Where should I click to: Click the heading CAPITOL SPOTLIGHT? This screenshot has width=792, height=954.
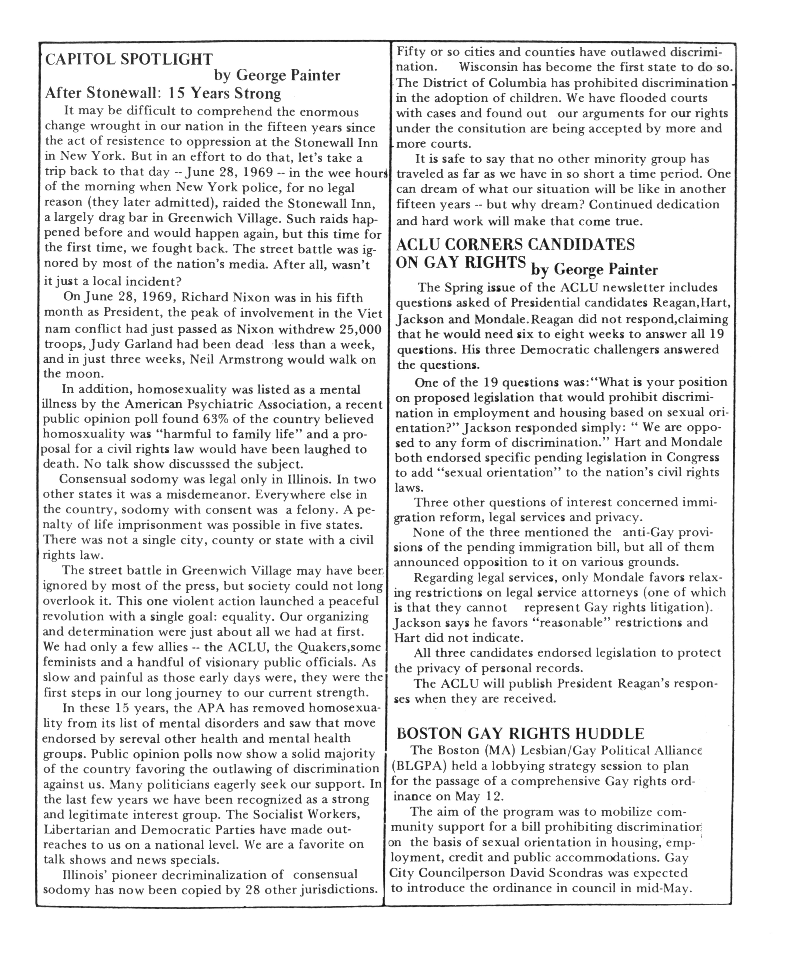click(x=129, y=59)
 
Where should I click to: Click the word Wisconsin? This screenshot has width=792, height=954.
click(x=488, y=67)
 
